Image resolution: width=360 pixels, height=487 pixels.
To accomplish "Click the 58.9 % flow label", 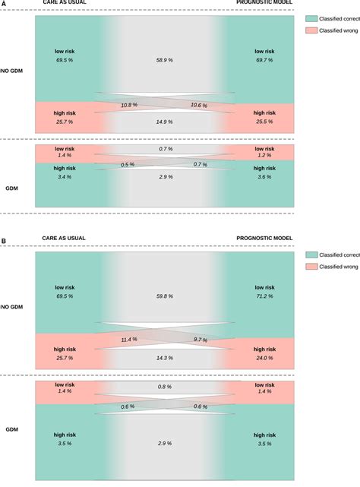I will pyautogui.click(x=166, y=59).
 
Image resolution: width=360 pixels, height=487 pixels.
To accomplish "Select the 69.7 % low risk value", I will pyautogui.click(x=265, y=59).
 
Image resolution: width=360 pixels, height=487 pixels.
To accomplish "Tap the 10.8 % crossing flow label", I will pyautogui.click(x=129, y=105).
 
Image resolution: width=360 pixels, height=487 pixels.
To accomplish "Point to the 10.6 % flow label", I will pyautogui.click(x=201, y=105).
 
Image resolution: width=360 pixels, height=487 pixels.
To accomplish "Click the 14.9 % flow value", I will pyautogui.click(x=166, y=121).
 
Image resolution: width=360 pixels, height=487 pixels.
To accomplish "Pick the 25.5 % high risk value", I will pyautogui.click(x=265, y=122).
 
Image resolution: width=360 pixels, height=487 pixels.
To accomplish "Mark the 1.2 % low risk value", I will pyautogui.click(x=265, y=155).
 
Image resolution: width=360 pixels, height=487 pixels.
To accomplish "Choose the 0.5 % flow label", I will pyautogui.click(x=128, y=164).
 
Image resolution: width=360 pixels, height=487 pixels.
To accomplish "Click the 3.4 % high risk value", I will pyautogui.click(x=65, y=177).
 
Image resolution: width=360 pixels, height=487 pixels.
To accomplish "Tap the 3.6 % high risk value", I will pyautogui.click(x=265, y=177).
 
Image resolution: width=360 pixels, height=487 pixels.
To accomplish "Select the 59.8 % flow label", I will pyautogui.click(x=166, y=296).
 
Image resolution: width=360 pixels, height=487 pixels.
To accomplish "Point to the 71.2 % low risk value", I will pyautogui.click(x=265, y=296).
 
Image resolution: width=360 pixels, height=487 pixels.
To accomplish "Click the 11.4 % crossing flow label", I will pyautogui.click(x=129, y=340).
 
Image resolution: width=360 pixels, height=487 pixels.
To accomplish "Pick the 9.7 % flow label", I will pyautogui.click(x=201, y=340).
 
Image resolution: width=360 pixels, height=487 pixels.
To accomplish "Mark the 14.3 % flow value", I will pyautogui.click(x=166, y=357).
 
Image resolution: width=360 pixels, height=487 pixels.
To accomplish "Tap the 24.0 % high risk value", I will pyautogui.click(x=265, y=357).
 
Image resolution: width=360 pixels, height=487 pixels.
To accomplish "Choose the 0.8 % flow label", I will pyautogui.click(x=166, y=387).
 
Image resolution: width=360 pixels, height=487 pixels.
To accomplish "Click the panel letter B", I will pyautogui.click(x=4, y=241).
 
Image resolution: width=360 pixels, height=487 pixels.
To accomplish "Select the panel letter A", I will pyautogui.click(x=4, y=4).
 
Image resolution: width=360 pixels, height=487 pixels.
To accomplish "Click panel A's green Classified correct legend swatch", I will pyautogui.click(x=311, y=17).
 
